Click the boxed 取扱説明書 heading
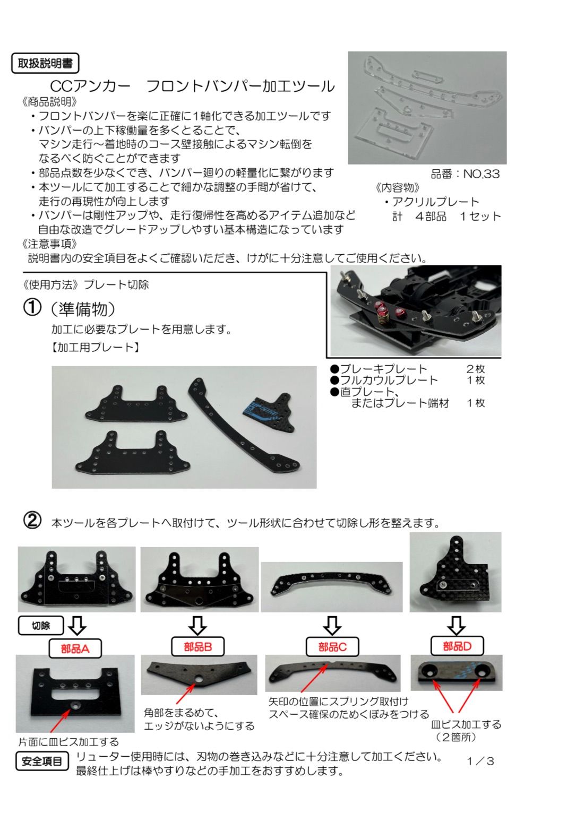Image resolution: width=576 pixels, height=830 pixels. click(x=45, y=64)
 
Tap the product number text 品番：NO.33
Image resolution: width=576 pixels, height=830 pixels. click(x=465, y=174)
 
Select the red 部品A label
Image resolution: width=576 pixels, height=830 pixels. click(x=75, y=649)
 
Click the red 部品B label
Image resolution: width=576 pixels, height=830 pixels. click(x=197, y=646)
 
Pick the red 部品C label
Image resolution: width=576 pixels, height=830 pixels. click(x=332, y=647)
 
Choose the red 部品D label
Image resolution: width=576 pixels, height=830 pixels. click(x=457, y=646)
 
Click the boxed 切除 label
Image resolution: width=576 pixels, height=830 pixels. click(x=41, y=626)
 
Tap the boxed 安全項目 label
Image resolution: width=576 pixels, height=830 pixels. click(x=42, y=762)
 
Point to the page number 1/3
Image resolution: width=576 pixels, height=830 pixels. click(x=480, y=761)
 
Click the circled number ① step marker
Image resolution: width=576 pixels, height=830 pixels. click(x=32, y=307)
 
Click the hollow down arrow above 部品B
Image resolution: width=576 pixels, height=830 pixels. click(x=197, y=625)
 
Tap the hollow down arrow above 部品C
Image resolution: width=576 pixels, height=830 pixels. click(x=332, y=625)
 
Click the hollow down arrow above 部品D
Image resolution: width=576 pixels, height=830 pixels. click(x=456, y=625)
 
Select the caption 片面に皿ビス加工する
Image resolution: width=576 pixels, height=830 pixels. click(x=69, y=742)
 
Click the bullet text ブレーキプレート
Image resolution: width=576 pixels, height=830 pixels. click(x=383, y=369)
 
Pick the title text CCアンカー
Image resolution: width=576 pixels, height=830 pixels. click(x=90, y=86)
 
